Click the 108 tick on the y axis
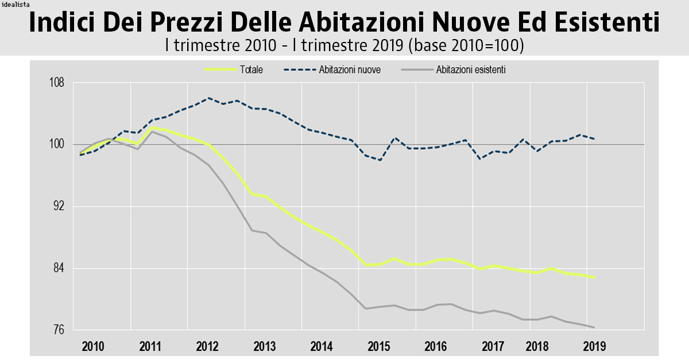point(56,83)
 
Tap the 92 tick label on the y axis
point(57,206)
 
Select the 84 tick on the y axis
point(57,268)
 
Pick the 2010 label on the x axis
point(93,347)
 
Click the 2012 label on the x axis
point(207,347)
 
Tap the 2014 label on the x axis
point(322,347)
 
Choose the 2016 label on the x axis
point(436,347)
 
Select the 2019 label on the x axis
point(594,347)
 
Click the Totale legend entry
point(251,69)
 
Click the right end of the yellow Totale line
point(594,277)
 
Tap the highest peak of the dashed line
point(208,98)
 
